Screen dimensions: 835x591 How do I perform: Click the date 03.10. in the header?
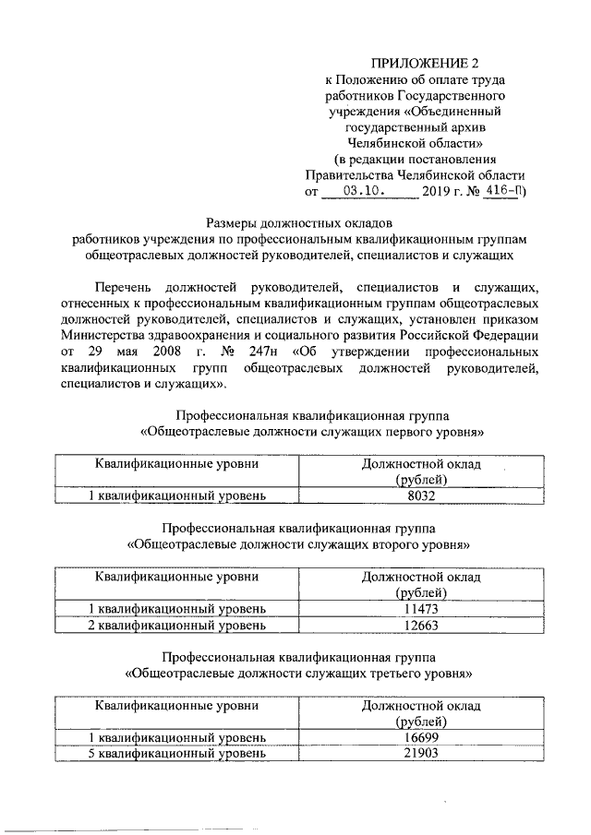click(x=368, y=193)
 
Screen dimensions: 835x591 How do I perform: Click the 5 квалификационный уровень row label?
click(x=176, y=754)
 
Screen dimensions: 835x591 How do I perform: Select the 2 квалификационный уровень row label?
click(x=176, y=626)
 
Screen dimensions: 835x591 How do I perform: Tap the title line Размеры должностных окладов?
click(x=298, y=221)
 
